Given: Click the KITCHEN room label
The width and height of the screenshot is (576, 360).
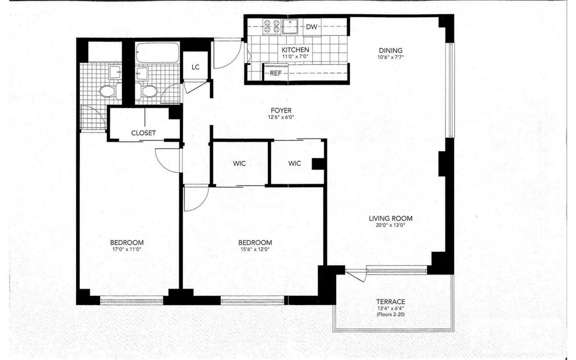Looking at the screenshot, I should coord(295,50).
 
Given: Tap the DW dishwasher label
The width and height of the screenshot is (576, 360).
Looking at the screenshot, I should coord(312,27).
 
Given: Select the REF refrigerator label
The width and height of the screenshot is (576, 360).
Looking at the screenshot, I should coord(276,73).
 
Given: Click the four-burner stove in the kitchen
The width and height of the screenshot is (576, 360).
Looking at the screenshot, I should coord(272,27).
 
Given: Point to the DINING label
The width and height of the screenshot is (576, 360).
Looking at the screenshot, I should coord(390,50).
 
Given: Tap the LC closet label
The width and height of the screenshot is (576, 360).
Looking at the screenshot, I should coord(195,67).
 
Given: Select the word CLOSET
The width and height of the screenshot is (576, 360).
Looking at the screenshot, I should coord(144,133).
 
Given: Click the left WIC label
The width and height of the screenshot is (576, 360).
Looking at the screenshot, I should coord(240,164).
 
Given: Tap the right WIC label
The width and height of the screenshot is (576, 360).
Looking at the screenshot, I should coord(295,164).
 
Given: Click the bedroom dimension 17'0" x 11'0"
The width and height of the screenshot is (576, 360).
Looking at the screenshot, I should coord(127,249).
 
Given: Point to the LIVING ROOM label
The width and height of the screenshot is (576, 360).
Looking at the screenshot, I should coord(390,218).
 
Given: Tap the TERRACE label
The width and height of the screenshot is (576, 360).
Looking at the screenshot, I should coord(390,301).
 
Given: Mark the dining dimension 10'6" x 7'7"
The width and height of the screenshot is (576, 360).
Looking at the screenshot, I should coord(390,57).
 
